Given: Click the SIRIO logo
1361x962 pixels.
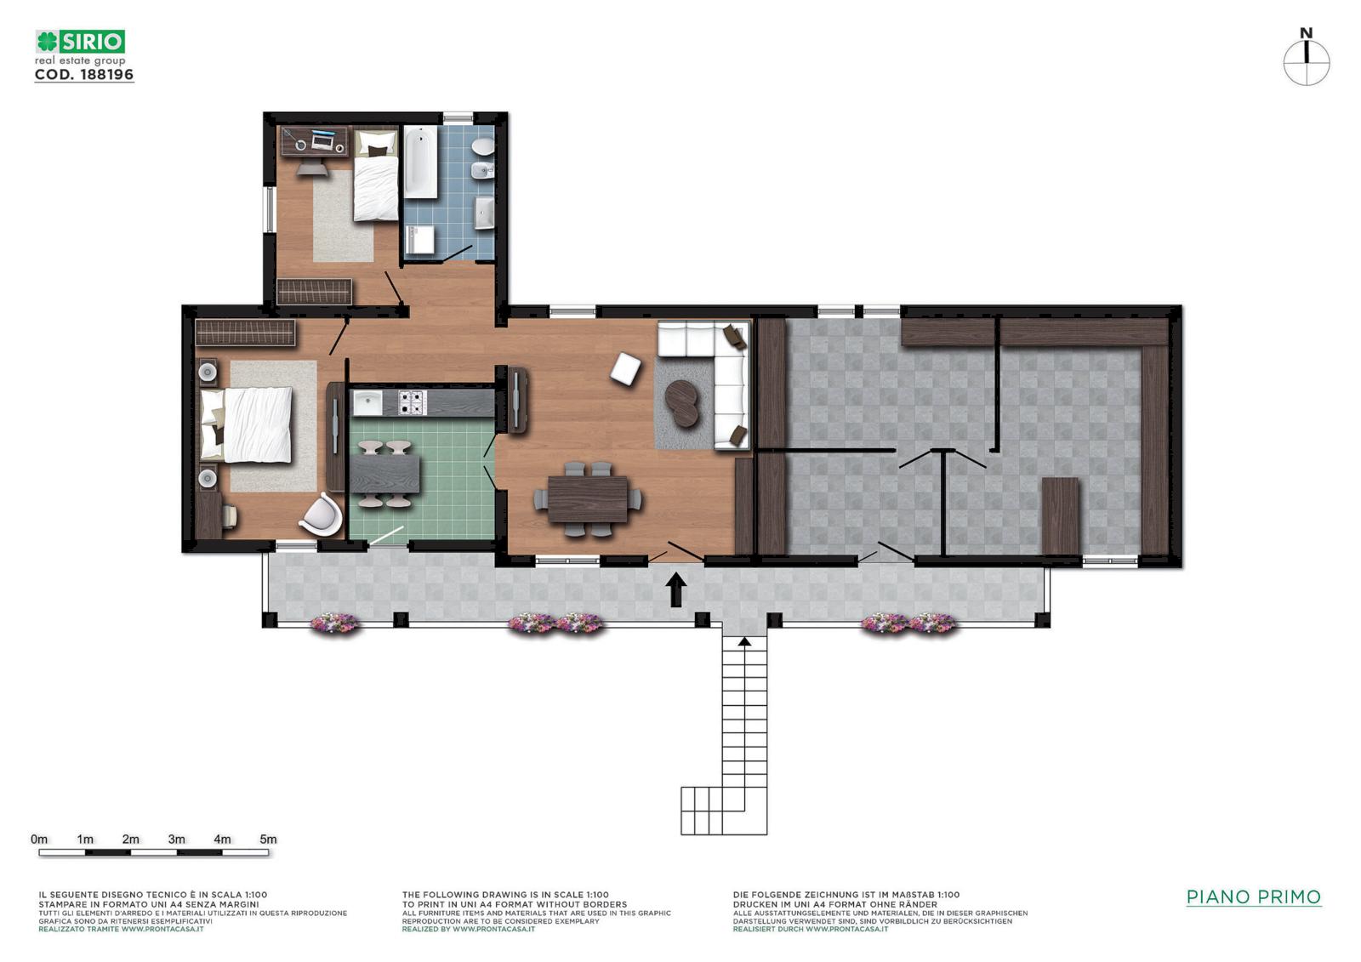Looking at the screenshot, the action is point(80,42).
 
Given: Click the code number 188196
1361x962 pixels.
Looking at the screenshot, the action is point(107,75).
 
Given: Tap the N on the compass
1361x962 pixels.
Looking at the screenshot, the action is point(1306,33).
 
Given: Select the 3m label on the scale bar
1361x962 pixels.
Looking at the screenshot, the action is point(176,840).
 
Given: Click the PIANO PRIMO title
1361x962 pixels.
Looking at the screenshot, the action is point(1254,897).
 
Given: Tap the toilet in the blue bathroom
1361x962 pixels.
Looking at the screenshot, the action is point(484,146).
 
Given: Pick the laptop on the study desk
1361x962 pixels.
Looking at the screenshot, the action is point(322,141).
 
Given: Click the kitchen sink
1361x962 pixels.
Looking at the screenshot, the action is point(367,403).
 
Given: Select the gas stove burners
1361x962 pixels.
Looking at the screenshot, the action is point(412,402).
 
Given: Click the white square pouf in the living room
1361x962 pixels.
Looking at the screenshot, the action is point(626,369).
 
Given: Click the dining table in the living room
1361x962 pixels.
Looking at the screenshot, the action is point(588,499).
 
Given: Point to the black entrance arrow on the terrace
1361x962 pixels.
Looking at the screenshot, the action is point(675,589).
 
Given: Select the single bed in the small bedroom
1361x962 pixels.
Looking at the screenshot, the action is point(376,175).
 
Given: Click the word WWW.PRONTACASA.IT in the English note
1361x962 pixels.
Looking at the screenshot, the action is point(493,929).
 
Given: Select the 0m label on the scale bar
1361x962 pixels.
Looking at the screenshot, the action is point(39,840).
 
